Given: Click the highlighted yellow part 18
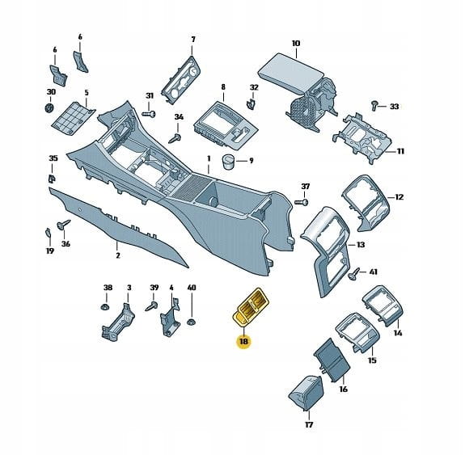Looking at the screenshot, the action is click(250, 307).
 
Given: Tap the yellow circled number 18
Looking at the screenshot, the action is click(243, 342).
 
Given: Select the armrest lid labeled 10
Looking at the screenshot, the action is click(290, 72).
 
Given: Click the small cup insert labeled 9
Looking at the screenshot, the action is click(228, 162).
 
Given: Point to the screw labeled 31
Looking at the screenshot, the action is click(149, 114).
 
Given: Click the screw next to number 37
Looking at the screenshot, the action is click(302, 202).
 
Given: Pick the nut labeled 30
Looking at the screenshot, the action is click(49, 108).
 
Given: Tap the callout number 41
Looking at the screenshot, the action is click(374, 272).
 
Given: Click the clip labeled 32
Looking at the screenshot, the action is click(252, 104).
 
